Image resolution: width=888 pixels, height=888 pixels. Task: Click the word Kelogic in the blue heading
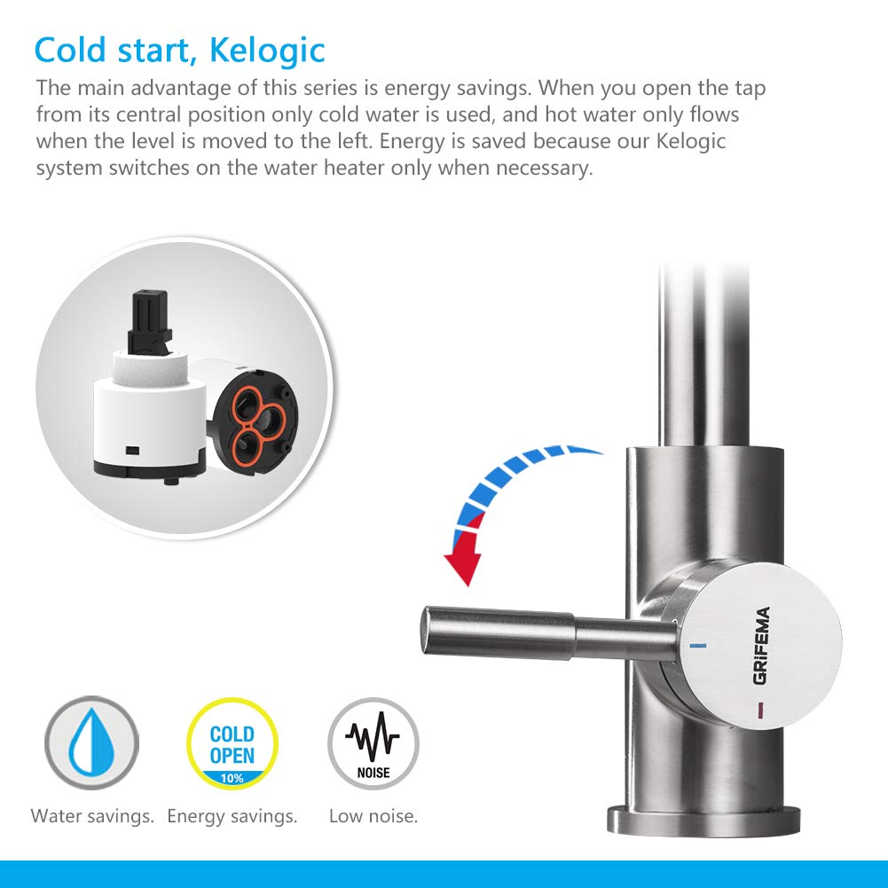(x=267, y=51)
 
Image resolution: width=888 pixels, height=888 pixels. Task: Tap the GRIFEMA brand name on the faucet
(x=760, y=644)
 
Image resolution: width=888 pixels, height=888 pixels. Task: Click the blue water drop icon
(x=91, y=743)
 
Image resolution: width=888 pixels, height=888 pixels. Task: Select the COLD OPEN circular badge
(x=232, y=743)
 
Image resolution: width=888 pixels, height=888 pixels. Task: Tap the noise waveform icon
(x=373, y=735)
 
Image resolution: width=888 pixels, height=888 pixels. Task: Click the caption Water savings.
(x=92, y=815)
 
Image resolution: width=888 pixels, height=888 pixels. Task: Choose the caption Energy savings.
(x=232, y=815)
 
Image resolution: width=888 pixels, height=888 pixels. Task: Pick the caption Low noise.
(x=373, y=815)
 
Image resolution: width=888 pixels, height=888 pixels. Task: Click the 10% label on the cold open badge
(x=232, y=778)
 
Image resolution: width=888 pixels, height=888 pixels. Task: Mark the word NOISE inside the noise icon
(x=373, y=772)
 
